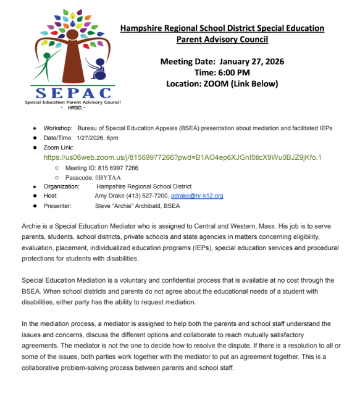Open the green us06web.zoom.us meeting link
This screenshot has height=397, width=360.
(x=182, y=157)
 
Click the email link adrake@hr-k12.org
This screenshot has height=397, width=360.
(x=196, y=196)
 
